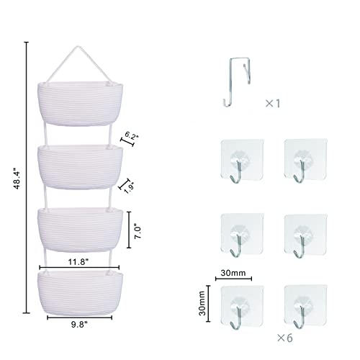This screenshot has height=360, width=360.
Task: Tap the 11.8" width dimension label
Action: click(78, 262)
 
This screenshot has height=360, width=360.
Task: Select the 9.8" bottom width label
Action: click(79, 325)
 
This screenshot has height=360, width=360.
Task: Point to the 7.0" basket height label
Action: click(138, 231)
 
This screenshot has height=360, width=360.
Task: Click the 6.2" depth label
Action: click(132, 136)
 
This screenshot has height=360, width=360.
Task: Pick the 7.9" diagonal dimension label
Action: click(129, 188)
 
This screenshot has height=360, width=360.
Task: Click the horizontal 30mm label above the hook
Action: click(233, 273)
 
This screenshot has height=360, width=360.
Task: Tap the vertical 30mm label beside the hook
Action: click(202, 303)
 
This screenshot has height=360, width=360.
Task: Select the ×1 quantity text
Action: click(273, 104)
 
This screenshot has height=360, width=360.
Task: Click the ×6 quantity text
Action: click(285, 338)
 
